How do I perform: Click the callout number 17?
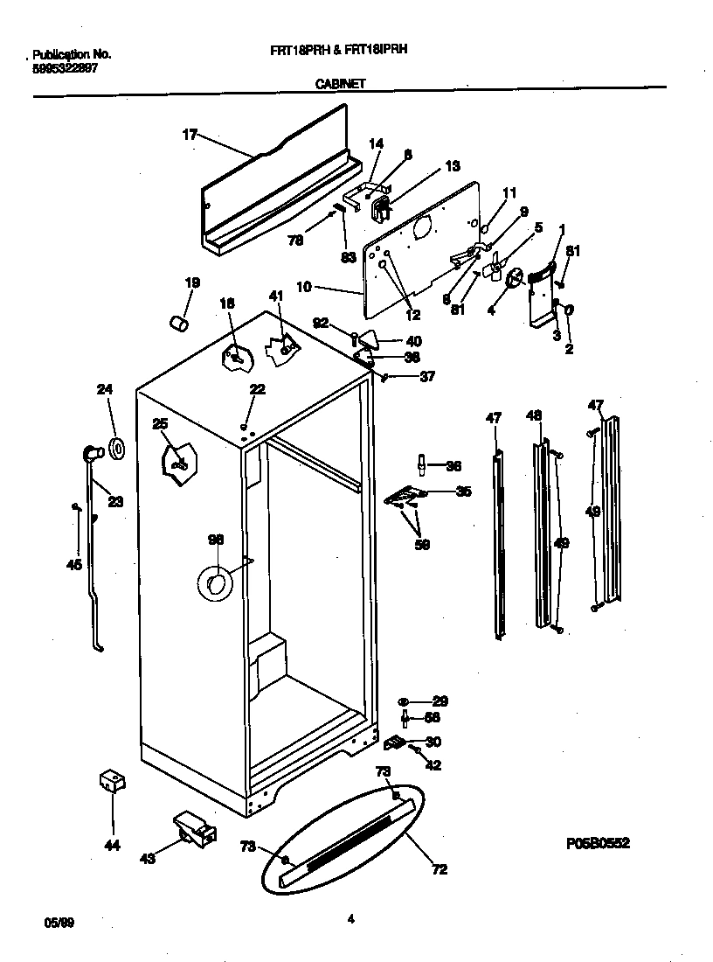point(189,135)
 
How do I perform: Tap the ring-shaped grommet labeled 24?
point(118,449)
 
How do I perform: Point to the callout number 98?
point(216,540)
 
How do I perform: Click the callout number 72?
point(440,869)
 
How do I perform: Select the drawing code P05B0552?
point(598,844)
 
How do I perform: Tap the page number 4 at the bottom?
point(350,918)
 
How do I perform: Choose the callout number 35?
point(463,491)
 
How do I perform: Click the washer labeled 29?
point(405,701)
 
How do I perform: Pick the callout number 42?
point(433,765)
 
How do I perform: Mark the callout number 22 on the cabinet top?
point(256,389)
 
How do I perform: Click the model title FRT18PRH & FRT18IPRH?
point(339,51)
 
